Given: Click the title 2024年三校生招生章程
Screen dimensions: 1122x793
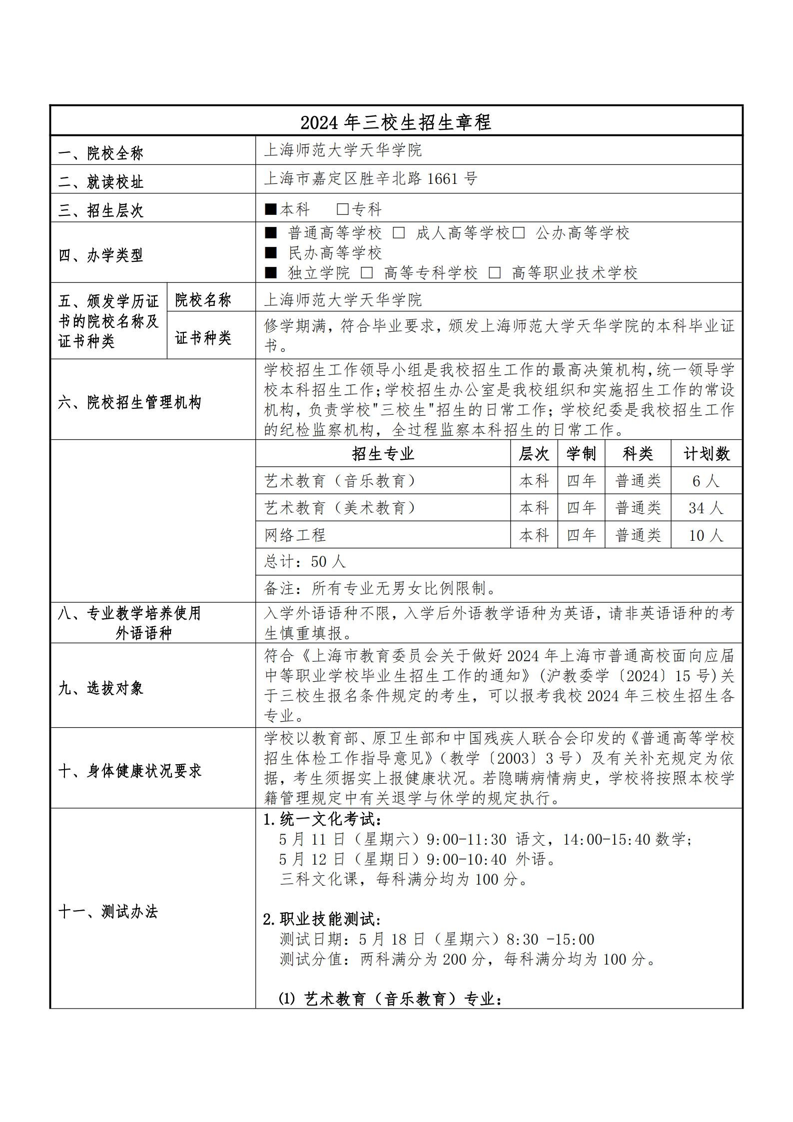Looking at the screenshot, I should coord(396,122).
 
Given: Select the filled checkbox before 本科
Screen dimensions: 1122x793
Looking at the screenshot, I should coord(270,209).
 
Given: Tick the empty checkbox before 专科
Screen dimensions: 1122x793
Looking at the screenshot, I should coord(343,209).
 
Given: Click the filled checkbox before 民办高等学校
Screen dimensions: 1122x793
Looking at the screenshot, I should coord(270,253).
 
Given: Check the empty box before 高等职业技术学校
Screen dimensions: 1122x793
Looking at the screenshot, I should coord(495,273).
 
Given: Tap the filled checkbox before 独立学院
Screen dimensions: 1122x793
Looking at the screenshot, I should coord(270,273).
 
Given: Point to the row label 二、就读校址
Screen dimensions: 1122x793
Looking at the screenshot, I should coord(100,182).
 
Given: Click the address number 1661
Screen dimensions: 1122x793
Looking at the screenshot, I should coord(442,178).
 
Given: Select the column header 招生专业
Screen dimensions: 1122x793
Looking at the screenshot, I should coord(383,454).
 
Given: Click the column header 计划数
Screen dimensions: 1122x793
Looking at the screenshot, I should coord(707,454).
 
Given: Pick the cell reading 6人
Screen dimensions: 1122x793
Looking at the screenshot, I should coord(706,481).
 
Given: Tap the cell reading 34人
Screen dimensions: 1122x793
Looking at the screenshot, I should coord(706,508).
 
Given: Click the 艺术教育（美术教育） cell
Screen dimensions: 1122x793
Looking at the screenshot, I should coord(340,508).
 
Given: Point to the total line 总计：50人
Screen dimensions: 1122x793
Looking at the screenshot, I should coord(305,562).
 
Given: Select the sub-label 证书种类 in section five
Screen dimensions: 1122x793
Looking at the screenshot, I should coord(203,338).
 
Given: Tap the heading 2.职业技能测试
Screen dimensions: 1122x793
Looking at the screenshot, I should coord(323,919).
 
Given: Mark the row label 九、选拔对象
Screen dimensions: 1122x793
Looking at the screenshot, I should coord(100,688).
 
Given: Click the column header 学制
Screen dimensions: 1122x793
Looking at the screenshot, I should coord(581,454).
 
